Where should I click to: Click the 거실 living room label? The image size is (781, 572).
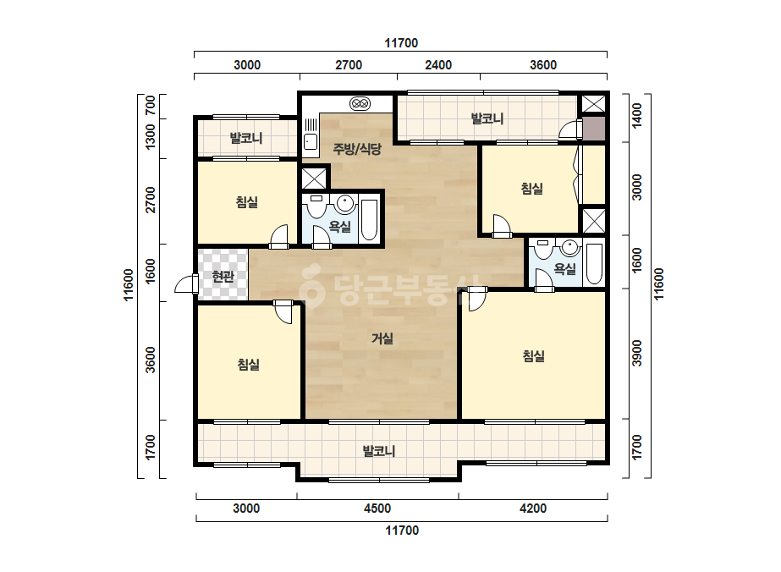pos(382,338)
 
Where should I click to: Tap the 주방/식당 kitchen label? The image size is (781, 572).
pos(356,148)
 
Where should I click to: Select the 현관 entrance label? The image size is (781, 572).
pos(223,276)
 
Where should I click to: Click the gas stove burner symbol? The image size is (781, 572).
pos(360,103)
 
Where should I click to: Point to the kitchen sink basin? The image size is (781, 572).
pos(311,142)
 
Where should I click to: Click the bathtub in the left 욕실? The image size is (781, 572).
pos(369,220)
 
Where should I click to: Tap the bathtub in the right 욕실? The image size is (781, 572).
pos(594,264)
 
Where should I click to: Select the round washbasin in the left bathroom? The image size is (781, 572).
pos(345,203)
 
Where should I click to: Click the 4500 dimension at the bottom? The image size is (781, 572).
pos(377,509)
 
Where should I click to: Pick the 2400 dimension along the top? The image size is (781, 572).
pos(438,65)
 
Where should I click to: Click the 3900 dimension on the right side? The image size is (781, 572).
pos(637,353)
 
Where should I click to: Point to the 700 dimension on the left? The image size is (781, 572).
pos(150,106)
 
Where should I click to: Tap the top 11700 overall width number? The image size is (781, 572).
pos(401,43)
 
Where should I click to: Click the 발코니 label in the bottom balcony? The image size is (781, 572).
pos(379,451)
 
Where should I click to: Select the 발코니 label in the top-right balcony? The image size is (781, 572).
pos(487,118)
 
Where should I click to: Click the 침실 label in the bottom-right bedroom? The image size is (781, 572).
pos(533,355)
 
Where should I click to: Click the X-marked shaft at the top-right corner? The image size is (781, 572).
pos(593,104)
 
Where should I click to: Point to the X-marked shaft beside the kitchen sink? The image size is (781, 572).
pos(314,179)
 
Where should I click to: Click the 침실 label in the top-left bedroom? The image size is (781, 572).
pos(247,202)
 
